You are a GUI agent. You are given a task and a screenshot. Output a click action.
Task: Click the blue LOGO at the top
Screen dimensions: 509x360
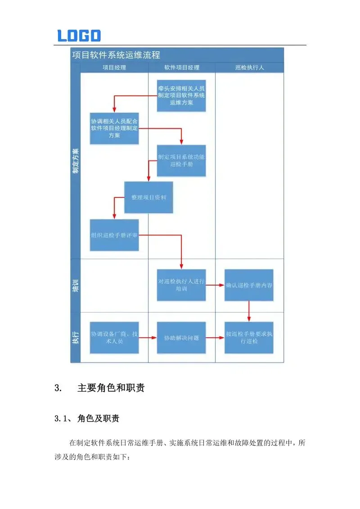click(x=79, y=36)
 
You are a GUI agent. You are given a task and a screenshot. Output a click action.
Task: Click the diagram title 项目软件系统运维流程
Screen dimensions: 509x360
click(x=116, y=55)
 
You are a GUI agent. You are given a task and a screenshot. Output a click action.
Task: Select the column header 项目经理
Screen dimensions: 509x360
click(x=114, y=67)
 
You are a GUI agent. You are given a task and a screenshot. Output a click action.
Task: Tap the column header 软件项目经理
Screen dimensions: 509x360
click(x=181, y=67)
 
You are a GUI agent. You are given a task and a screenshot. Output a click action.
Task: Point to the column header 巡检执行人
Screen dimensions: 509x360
click(x=249, y=67)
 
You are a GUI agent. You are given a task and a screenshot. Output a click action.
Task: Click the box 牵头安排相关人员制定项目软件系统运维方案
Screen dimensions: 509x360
click(x=181, y=96)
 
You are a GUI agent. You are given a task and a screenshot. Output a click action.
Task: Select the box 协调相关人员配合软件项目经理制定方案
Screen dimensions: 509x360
click(x=114, y=128)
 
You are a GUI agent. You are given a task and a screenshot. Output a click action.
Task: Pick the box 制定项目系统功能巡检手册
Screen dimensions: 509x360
click(x=181, y=161)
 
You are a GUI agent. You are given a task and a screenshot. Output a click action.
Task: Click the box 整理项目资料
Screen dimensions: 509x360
click(x=148, y=197)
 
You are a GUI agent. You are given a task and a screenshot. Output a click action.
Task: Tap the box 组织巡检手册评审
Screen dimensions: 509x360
click(x=114, y=235)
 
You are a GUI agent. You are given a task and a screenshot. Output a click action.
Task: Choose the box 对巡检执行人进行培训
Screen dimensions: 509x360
click(x=181, y=285)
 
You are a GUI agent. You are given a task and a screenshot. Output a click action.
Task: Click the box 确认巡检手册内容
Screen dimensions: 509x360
click(x=249, y=285)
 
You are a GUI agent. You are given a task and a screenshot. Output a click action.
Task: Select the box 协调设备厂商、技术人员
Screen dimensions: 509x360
click(x=114, y=338)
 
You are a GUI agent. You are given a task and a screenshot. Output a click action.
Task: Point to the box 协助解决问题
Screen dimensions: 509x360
click(x=181, y=338)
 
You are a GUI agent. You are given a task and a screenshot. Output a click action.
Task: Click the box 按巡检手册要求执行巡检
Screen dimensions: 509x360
click(x=249, y=338)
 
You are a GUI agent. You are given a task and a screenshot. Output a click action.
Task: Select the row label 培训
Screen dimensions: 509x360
click(x=75, y=286)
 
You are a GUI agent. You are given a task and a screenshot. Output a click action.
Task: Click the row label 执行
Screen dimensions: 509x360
click(x=75, y=337)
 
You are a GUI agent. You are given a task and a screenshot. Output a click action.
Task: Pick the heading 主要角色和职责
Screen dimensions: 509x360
click(x=111, y=388)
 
